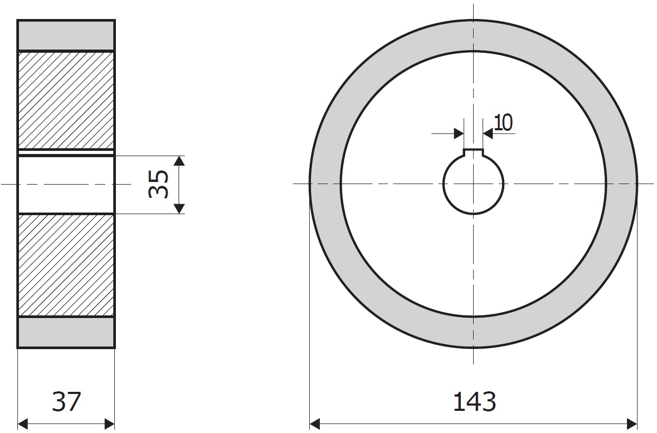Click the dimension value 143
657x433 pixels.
(474, 401)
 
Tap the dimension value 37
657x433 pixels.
(66, 401)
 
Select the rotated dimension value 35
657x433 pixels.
(159, 184)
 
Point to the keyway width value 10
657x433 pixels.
(503, 122)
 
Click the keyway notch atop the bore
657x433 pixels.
(473, 152)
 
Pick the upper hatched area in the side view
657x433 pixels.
(66, 100)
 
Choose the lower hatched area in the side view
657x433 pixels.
(66, 266)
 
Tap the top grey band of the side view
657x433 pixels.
(66, 35)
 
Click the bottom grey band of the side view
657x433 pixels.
(66, 332)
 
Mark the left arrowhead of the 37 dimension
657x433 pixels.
(23, 424)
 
